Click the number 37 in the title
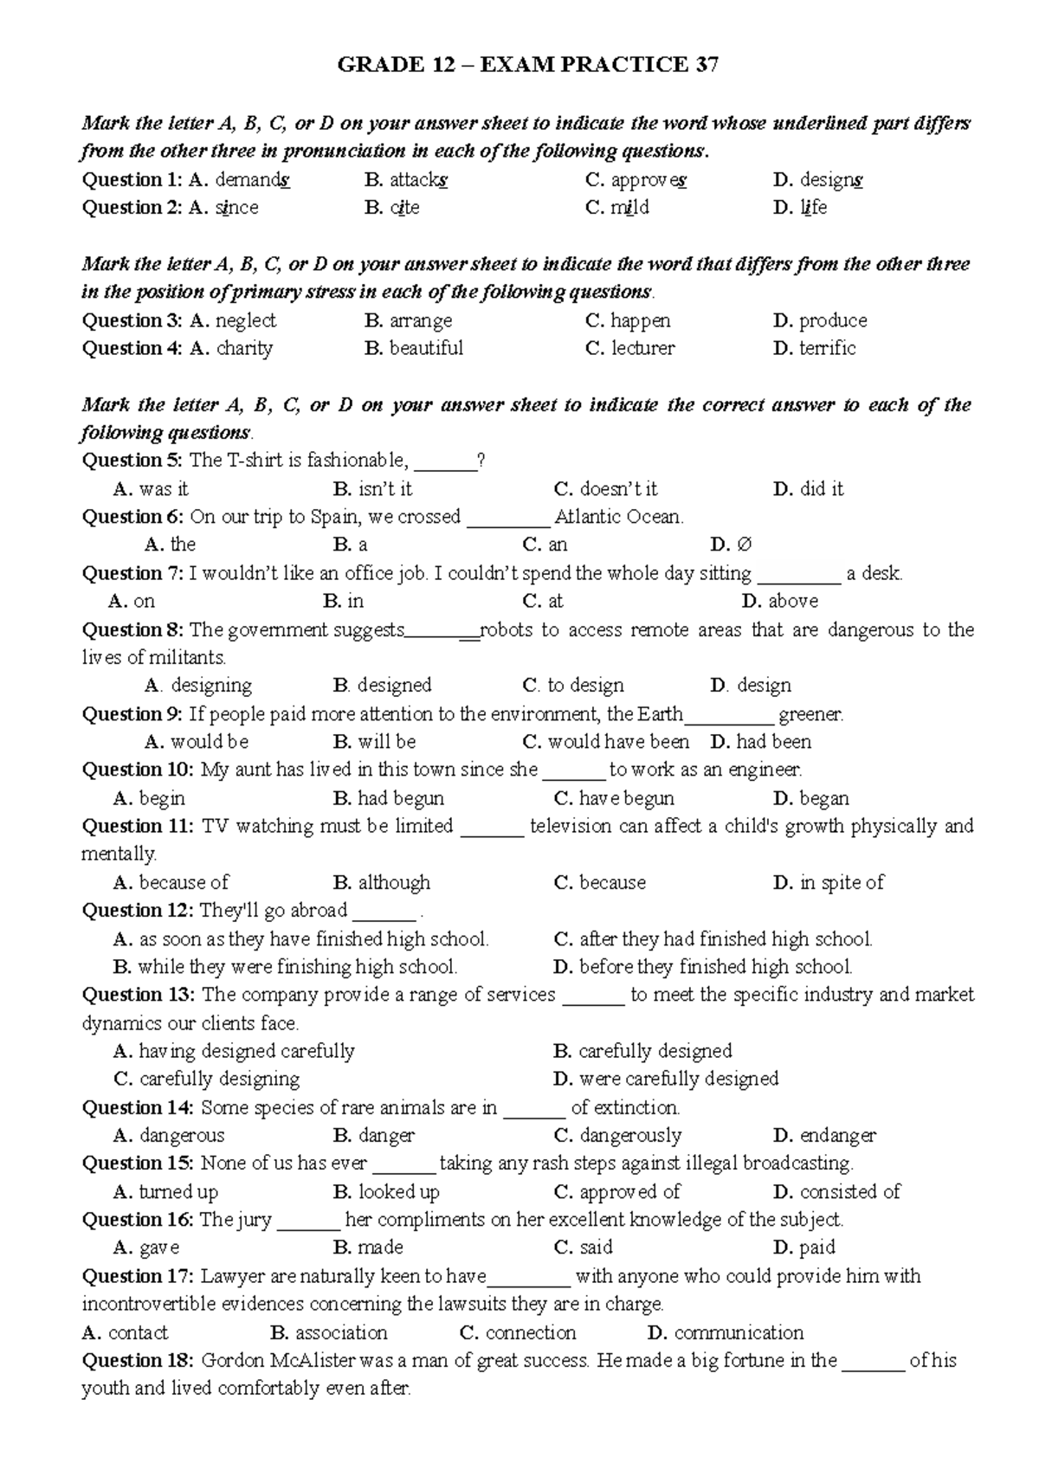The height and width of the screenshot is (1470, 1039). (x=707, y=66)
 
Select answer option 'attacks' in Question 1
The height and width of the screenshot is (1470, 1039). (x=418, y=180)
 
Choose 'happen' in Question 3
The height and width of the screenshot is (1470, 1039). (x=640, y=320)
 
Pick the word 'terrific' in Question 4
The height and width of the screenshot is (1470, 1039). (x=827, y=348)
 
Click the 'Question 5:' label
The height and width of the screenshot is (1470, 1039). (x=133, y=461)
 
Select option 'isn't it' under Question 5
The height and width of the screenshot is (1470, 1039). (x=385, y=489)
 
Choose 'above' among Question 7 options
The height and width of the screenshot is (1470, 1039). (x=792, y=601)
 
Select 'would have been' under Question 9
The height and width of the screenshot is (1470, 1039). (x=618, y=742)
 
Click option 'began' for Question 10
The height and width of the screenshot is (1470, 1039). (x=823, y=798)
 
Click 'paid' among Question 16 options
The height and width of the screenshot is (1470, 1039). (x=816, y=1248)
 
